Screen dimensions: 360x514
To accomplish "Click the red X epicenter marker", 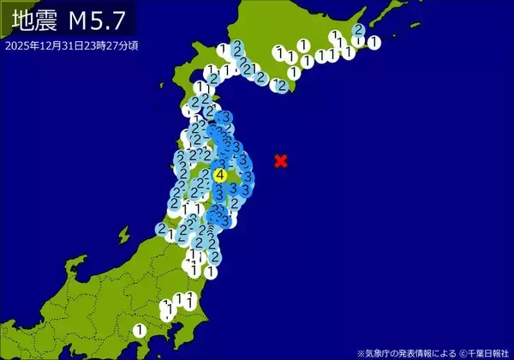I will click(280, 160).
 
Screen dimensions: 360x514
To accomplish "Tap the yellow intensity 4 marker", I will click(220, 175).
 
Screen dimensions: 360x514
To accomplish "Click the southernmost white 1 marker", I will click(140, 330).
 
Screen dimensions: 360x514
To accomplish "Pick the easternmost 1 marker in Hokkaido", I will click(374, 42).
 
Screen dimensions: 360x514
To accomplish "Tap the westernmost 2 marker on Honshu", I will click(161, 229).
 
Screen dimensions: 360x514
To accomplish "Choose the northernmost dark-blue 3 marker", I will click(225, 117).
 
